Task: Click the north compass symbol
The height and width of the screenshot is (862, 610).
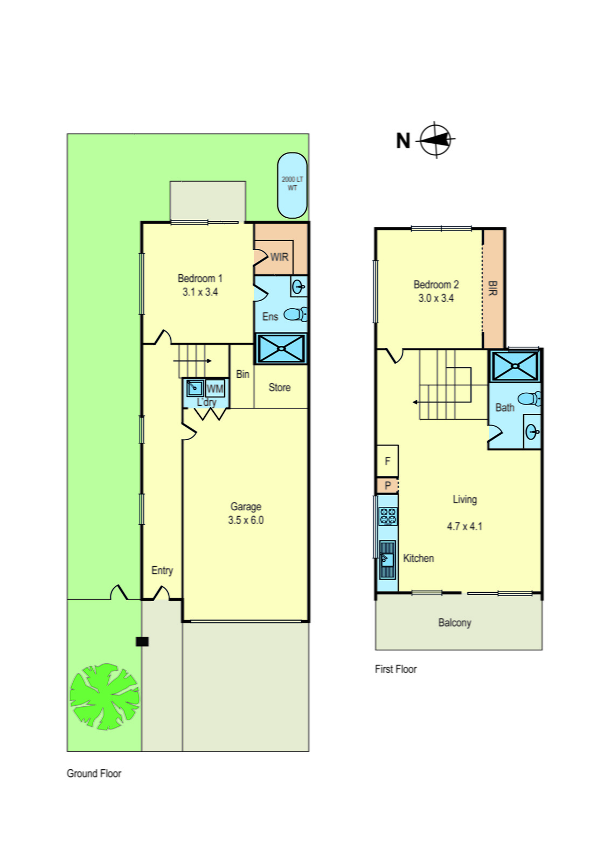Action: coord(435,140)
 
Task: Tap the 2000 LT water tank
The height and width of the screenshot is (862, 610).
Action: coord(292,185)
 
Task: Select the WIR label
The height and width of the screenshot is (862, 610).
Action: coord(279,257)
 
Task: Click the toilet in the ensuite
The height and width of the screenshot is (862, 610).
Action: coord(296,314)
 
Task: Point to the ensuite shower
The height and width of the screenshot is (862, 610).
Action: coord(281,349)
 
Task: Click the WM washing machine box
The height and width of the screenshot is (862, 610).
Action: coord(214,388)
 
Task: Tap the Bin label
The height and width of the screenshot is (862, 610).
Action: coord(242,374)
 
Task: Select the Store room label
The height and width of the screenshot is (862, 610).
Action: coord(279,387)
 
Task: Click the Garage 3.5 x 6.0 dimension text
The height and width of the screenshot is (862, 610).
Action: coord(246,520)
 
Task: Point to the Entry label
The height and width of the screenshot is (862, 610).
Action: coord(162,570)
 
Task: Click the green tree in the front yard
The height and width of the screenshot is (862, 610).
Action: coord(105,696)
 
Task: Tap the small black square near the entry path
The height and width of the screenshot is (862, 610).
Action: coord(142,641)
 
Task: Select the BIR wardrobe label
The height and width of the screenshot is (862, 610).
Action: coord(492,288)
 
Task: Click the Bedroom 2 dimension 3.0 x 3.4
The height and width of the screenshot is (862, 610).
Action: coord(436,298)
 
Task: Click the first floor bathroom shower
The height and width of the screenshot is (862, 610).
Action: coord(515,366)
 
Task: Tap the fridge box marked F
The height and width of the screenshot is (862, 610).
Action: coord(387,461)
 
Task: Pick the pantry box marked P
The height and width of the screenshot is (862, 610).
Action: coord(387,485)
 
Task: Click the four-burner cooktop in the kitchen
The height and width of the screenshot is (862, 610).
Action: coord(387,516)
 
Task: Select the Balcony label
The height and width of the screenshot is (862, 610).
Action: coord(454,623)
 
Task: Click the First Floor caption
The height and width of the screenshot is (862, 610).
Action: coord(396,669)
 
